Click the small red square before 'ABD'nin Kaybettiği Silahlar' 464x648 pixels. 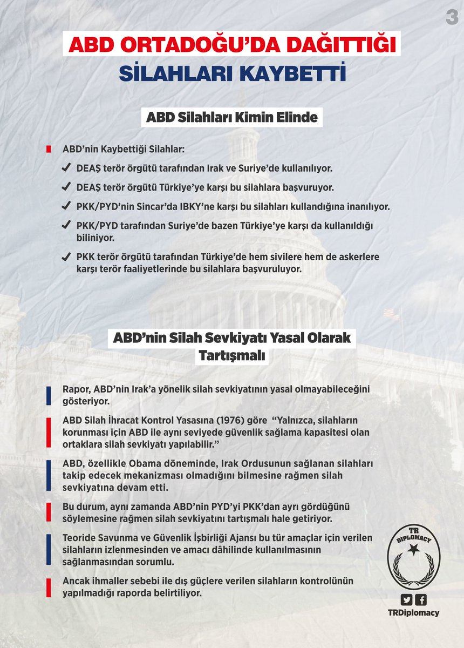tap(49, 148)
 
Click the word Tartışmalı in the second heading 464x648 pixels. tap(232, 357)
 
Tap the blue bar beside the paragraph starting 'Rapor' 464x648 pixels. tap(49, 396)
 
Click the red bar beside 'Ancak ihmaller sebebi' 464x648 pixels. tap(49, 586)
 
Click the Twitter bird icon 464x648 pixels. tap(406, 599)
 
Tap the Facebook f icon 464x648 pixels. tap(420, 599)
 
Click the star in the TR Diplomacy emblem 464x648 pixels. tap(413, 550)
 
